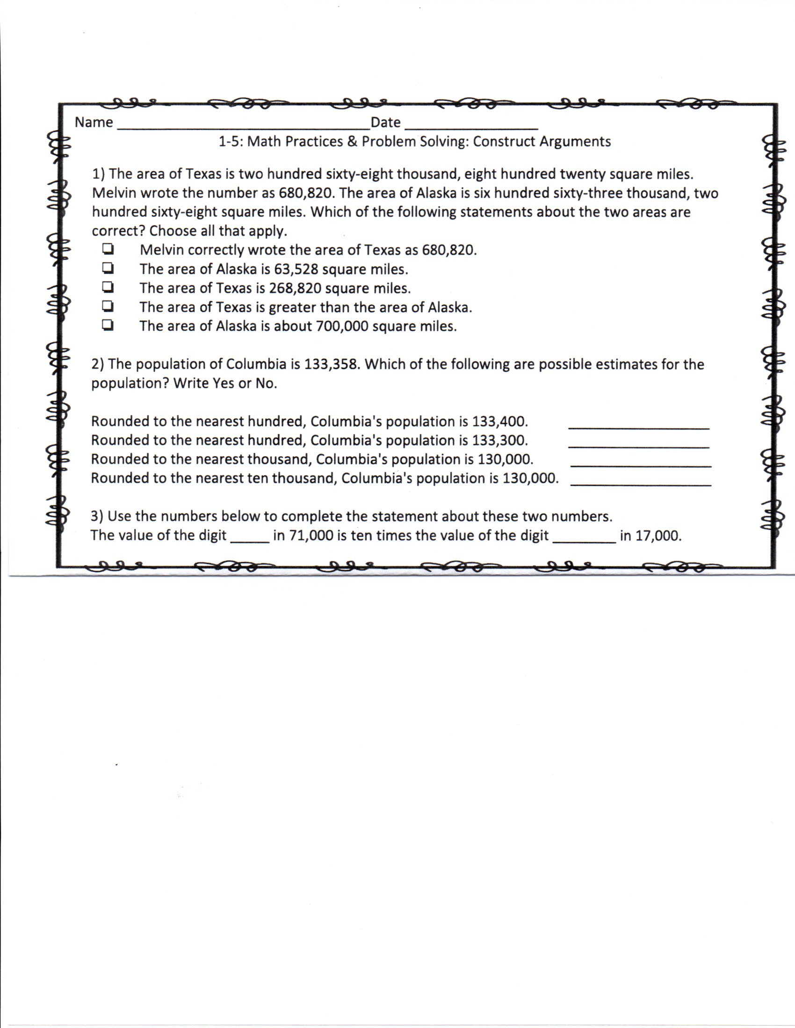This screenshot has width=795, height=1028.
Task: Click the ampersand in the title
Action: [x=352, y=142]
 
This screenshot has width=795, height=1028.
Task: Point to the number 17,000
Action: [x=658, y=535]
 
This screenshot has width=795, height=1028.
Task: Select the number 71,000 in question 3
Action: [x=311, y=535]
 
